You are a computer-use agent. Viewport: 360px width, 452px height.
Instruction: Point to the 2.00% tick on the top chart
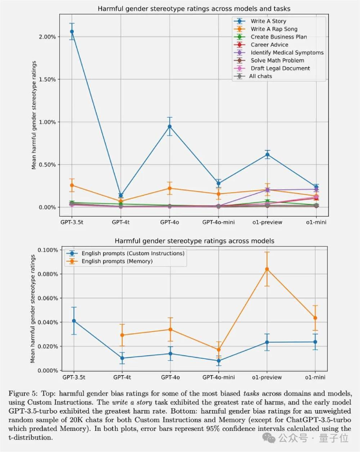(46, 37)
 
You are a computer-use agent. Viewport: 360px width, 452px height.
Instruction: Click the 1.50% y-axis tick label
(46, 79)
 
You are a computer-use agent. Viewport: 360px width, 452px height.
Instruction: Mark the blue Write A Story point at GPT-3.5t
(72, 31)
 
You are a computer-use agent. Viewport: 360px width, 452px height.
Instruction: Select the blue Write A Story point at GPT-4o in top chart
(170, 126)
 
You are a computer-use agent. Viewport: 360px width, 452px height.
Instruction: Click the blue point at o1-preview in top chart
(267, 154)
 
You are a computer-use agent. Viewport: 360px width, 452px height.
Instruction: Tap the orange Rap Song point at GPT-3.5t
(72, 185)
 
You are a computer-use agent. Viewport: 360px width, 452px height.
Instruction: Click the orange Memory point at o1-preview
(267, 269)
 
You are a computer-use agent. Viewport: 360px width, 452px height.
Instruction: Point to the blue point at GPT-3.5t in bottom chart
(73, 321)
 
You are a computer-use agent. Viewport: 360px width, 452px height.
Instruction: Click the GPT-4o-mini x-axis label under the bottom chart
(218, 377)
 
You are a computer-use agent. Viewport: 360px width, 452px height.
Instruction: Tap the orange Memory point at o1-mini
(316, 318)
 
